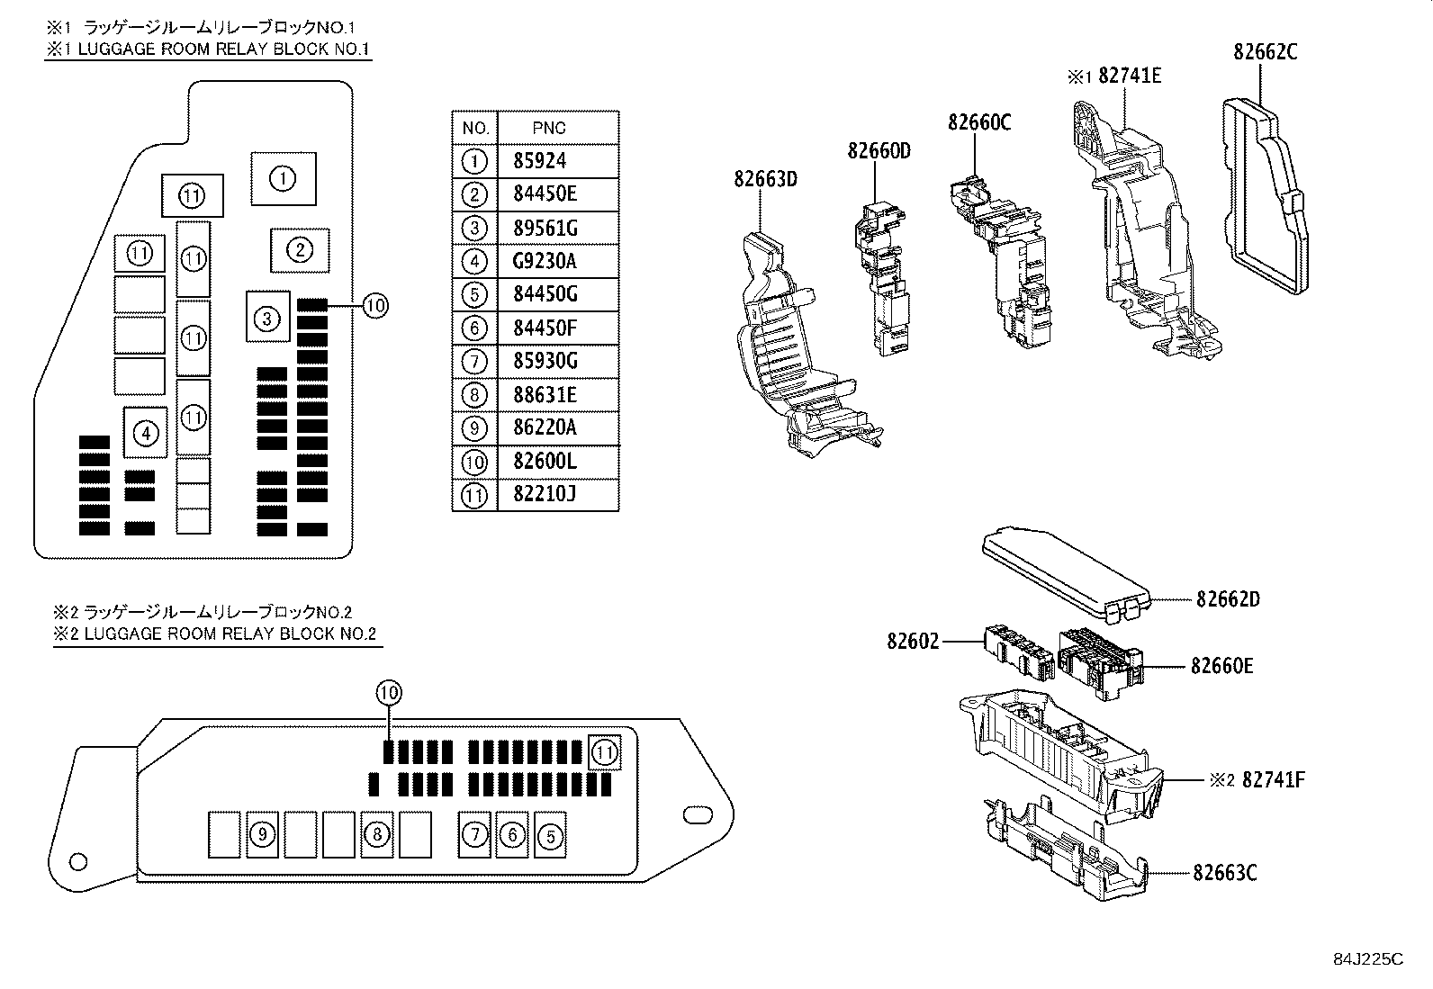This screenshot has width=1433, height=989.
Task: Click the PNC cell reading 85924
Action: [540, 162]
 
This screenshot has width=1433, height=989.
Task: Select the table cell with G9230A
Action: [545, 262]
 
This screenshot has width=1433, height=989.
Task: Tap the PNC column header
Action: [549, 128]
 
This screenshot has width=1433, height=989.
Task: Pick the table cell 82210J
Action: [545, 495]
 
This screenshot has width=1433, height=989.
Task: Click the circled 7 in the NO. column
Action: [474, 362]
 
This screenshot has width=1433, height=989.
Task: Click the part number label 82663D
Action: [765, 179]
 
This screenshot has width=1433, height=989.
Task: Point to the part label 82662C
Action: [1265, 52]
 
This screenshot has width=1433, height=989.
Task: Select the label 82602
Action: [913, 642]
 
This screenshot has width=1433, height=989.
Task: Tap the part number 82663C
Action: [1225, 873]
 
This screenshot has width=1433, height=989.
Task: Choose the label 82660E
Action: [1221, 666]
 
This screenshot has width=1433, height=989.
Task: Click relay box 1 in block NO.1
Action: [283, 178]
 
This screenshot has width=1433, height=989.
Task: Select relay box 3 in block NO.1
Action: [267, 317]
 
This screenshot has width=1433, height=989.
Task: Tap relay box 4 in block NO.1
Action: [146, 433]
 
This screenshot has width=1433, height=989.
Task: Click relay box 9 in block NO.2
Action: [261, 834]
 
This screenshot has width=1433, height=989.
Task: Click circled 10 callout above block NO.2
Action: [388, 693]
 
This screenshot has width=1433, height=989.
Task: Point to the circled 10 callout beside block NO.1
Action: [375, 307]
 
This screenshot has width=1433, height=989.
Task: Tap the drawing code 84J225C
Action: [1368, 959]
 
